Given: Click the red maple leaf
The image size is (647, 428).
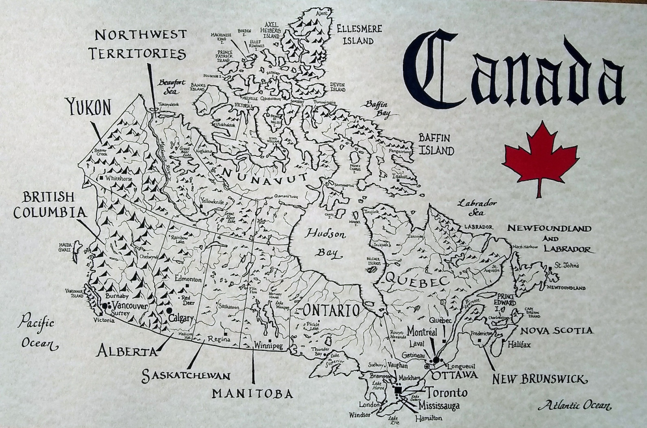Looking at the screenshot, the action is point(540,157).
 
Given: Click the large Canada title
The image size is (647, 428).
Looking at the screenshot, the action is point(513,69).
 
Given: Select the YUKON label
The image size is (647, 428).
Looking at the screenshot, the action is point(89,108).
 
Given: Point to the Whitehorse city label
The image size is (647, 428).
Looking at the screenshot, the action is point(119,179).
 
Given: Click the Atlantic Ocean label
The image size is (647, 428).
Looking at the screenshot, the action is point(574,406).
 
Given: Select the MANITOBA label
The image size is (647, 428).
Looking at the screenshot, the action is point(253,393).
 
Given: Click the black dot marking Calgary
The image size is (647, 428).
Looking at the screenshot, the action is point(169,310).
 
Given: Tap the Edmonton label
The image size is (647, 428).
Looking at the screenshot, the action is point(188,279).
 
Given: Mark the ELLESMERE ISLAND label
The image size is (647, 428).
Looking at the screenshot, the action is point(359,35).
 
